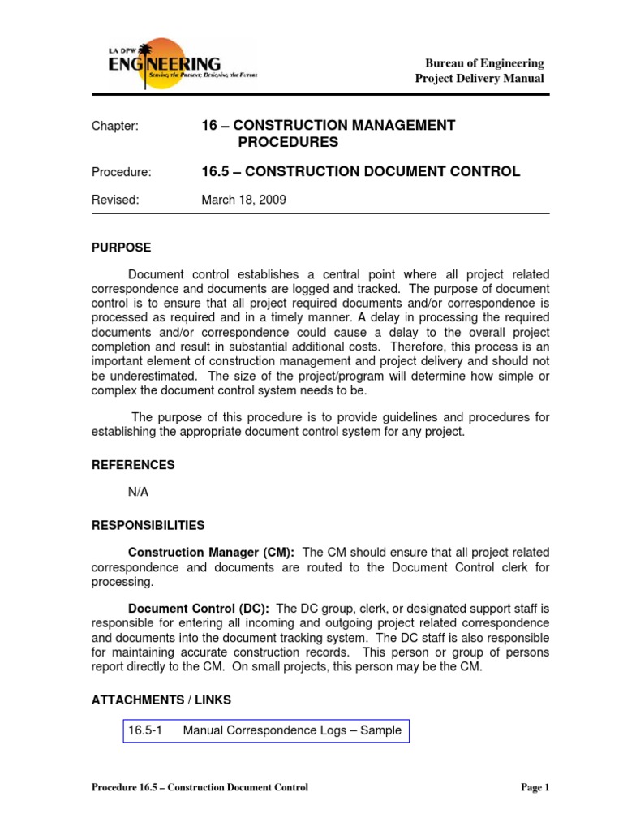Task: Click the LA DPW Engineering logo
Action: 166,62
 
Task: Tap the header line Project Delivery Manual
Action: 479,79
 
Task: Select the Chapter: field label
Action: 115,127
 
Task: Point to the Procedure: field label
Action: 121,172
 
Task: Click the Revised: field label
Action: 115,200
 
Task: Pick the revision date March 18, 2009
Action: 243,200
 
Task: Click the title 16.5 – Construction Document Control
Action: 360,171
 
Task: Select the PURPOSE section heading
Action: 121,248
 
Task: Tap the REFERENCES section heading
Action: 133,465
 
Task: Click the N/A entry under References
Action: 139,493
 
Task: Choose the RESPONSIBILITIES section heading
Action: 148,525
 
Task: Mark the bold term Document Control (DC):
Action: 200,609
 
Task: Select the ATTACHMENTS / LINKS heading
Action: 161,700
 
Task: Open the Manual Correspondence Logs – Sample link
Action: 292,730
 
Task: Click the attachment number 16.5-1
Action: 146,730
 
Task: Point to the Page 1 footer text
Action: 535,787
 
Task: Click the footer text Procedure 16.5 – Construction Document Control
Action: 200,787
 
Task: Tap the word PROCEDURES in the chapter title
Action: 287,143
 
